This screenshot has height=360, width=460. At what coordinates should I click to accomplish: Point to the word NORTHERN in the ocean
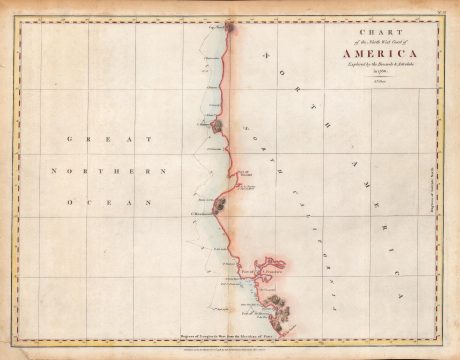click(x=109, y=171)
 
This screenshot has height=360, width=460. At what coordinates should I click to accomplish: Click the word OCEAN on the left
click(x=107, y=202)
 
